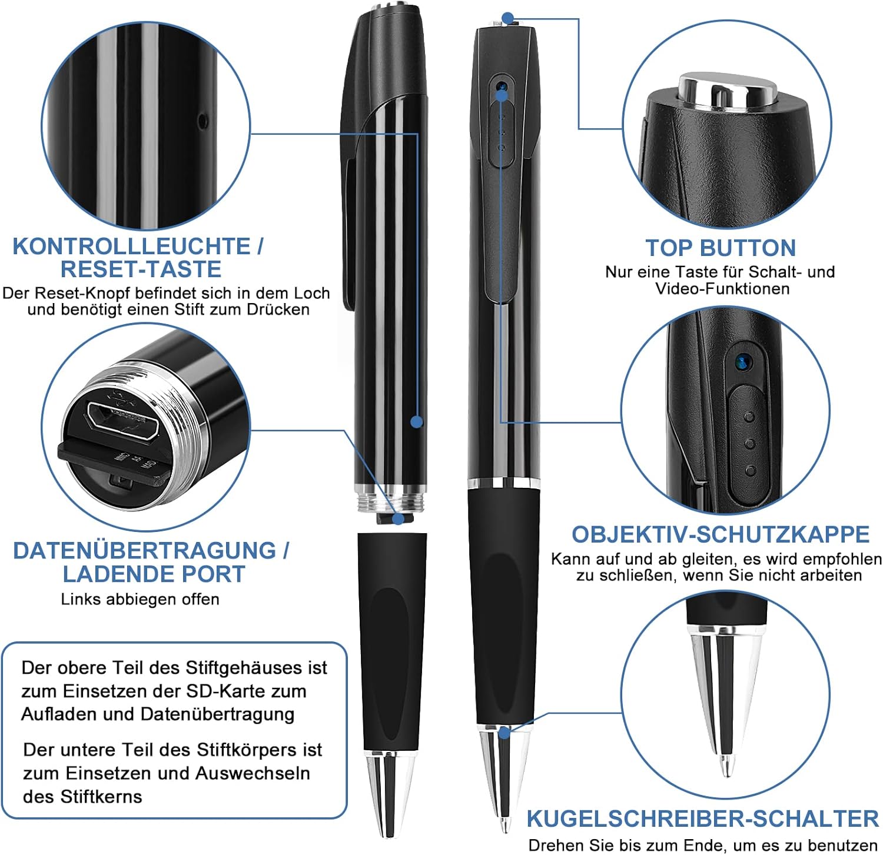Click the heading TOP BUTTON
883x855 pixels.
pos(721,248)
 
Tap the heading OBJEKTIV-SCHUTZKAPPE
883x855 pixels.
pos(721,534)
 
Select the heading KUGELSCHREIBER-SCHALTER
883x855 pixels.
pos(703,819)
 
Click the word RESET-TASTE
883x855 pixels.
pos(141,269)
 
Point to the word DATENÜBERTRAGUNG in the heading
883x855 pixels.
pos(144,550)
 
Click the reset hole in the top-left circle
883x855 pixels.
pos(203,122)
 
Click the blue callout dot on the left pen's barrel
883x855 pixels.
pos(417,421)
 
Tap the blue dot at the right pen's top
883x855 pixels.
pos(508,19)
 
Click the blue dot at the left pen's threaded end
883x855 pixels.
pos(399,519)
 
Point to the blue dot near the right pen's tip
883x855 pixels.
pos(504,733)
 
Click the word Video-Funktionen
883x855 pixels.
pos(722,288)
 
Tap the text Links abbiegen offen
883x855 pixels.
pos(140,599)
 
